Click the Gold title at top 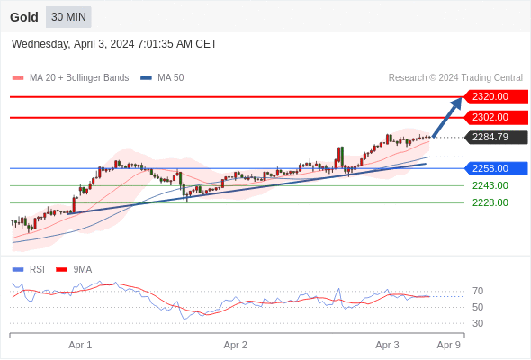(24, 17)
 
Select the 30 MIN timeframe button (68, 17)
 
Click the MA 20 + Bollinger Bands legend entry (70, 78)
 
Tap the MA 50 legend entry (162, 78)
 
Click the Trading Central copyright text (455, 78)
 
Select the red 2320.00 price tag (496, 97)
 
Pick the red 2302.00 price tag (496, 118)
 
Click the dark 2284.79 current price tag (496, 137)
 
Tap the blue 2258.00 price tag (496, 168)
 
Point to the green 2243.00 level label (490, 185)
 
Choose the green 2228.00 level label (490, 202)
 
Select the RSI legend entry (29, 270)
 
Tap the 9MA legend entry (74, 270)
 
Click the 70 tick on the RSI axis (478, 291)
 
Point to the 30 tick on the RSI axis (478, 323)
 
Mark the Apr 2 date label (236, 345)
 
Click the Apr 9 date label (449, 345)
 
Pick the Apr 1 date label (80, 345)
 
